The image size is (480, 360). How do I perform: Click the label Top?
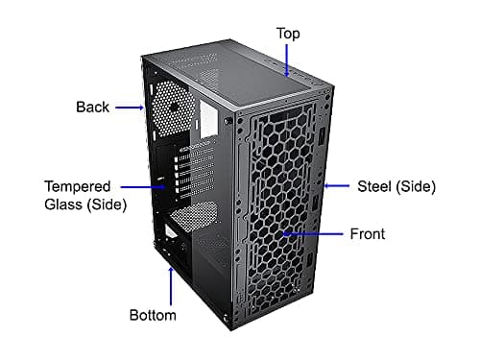tap(288, 34)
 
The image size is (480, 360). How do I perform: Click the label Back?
tap(92, 107)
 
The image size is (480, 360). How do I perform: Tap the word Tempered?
tap(78, 185)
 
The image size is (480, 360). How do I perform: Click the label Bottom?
tap(153, 315)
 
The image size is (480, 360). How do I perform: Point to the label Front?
tap(366, 233)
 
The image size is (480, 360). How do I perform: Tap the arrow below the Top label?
tap(288, 60)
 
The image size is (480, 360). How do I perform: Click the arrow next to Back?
tap(131, 108)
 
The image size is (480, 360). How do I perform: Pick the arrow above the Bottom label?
tap(171, 284)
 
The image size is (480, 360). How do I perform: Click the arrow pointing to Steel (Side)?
tap(335, 186)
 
